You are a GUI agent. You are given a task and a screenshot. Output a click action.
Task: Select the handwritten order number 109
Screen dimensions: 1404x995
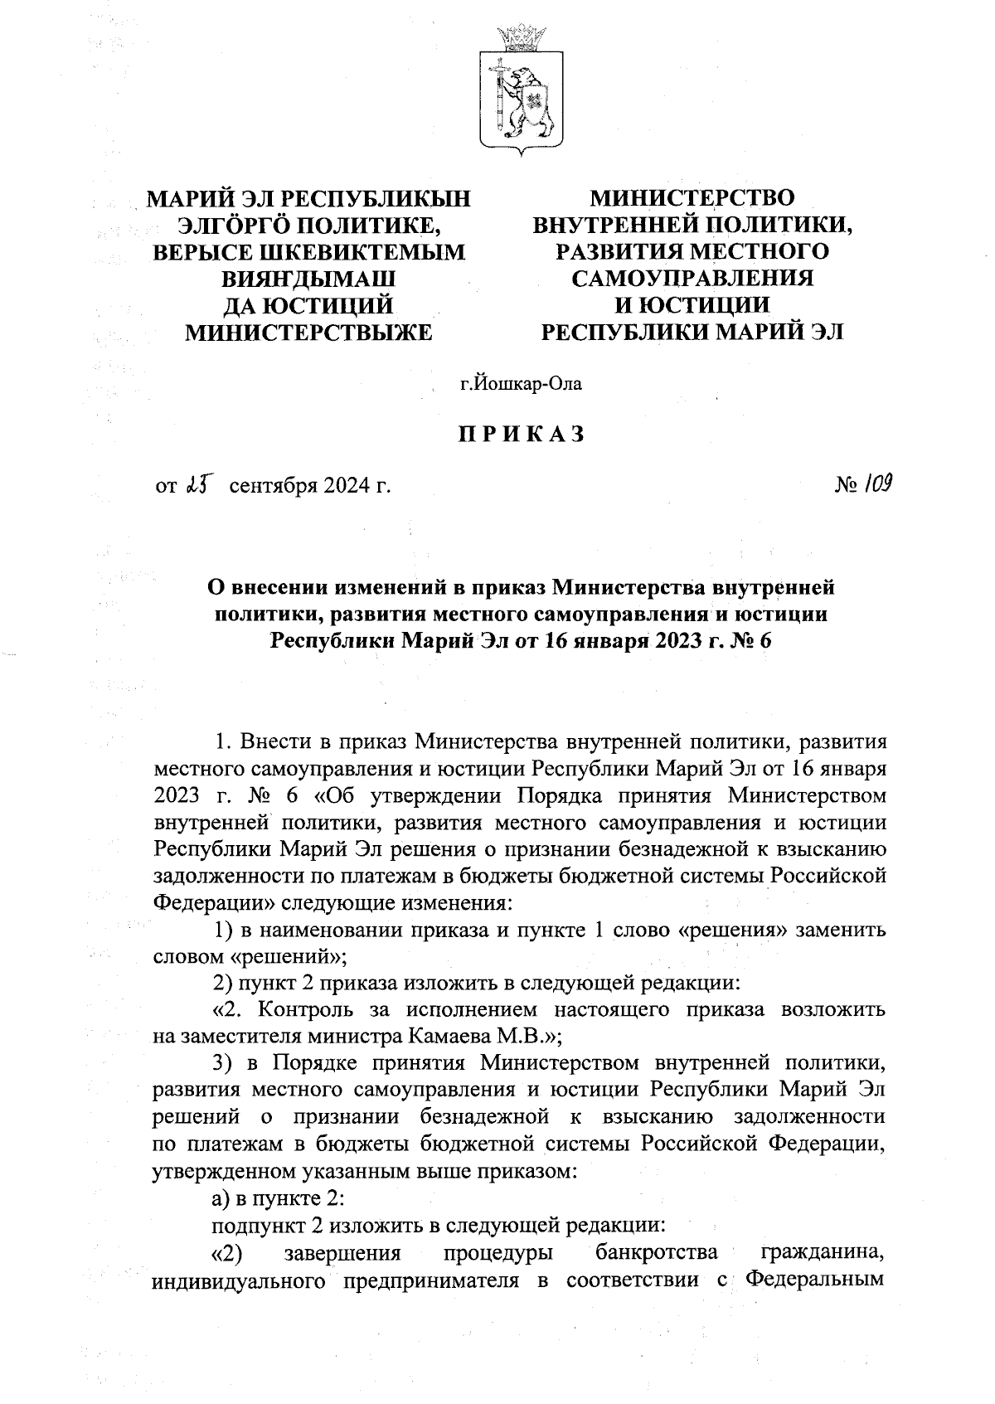876,483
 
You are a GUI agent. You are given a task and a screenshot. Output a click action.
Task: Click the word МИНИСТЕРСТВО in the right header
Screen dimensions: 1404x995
692,198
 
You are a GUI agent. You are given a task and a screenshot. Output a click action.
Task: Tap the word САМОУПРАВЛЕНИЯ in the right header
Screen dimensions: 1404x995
692,279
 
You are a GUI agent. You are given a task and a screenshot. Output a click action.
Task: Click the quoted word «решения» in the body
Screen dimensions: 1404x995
733,930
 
